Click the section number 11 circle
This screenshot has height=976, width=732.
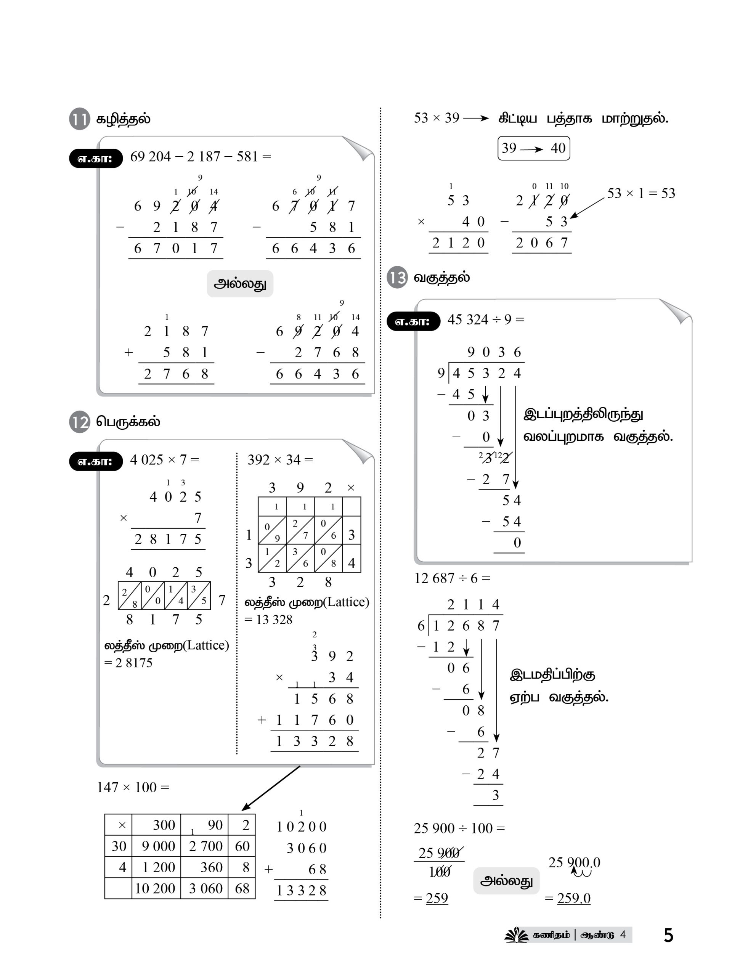coord(79,119)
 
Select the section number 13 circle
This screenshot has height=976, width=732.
coord(397,278)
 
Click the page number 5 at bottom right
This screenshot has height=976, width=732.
coord(668,935)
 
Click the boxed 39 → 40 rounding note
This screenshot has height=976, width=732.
coord(533,148)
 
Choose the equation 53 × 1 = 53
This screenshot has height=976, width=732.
coord(640,193)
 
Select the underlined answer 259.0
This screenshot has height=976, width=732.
coord(574,898)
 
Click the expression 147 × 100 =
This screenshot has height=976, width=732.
coord(133,787)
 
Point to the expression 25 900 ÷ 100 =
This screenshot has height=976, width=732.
coord(459,828)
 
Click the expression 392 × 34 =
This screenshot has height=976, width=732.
coord(280,460)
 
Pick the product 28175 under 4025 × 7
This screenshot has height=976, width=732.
coord(168,539)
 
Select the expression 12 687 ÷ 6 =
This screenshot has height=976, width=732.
coord(452,578)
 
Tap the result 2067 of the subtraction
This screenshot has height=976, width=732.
coord(541,243)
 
